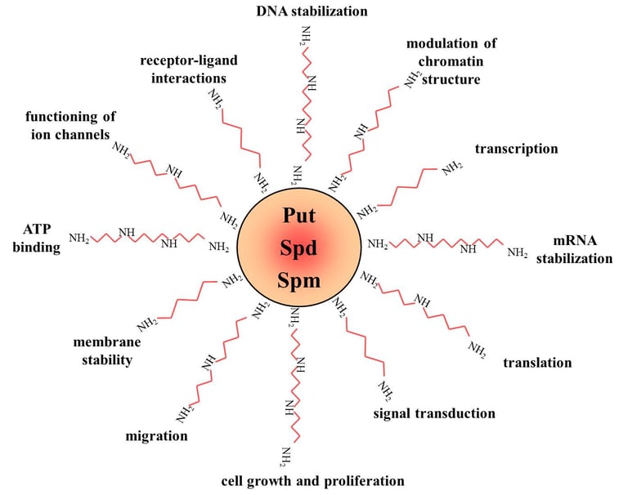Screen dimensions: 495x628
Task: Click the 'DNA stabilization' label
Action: click(312, 11)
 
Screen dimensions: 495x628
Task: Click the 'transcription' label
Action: click(516, 149)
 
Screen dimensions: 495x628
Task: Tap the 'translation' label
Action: click(537, 363)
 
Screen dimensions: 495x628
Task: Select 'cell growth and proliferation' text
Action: click(313, 479)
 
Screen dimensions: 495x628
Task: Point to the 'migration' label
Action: click(156, 435)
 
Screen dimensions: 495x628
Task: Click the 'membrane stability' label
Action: click(102, 350)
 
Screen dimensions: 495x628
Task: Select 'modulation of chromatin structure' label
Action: click(451, 61)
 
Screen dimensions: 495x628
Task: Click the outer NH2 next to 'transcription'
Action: click(451, 168)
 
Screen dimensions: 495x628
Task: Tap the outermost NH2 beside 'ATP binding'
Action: click(79, 239)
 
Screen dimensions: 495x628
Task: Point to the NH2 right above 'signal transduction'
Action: click(384, 390)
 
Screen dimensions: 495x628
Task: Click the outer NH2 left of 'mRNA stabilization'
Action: click(517, 253)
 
